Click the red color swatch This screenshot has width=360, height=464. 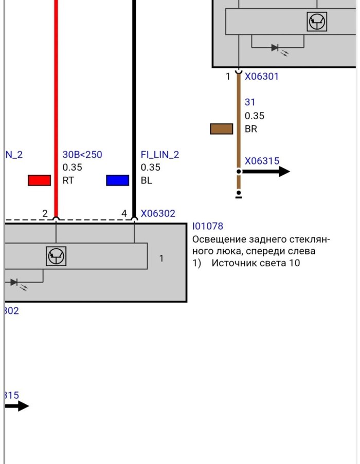39,180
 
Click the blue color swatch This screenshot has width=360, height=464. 117,180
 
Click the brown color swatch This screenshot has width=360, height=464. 221,129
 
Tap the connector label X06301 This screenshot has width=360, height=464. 261,77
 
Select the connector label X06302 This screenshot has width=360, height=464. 158,213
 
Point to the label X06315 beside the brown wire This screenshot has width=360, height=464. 262,161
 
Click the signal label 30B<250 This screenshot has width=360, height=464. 82,155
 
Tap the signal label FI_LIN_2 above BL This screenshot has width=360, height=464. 160,155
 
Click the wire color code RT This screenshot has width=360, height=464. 68,181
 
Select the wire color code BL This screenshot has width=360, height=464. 147,181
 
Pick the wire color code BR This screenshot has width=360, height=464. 251,129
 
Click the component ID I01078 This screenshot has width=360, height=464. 208,226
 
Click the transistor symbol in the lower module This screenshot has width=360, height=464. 56,256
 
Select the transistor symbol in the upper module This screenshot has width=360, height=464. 317,22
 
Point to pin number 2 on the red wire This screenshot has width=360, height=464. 45,213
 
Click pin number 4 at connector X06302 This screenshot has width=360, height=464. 124,213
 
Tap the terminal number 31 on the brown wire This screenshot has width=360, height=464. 250,102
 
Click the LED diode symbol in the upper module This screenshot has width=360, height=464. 276,48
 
